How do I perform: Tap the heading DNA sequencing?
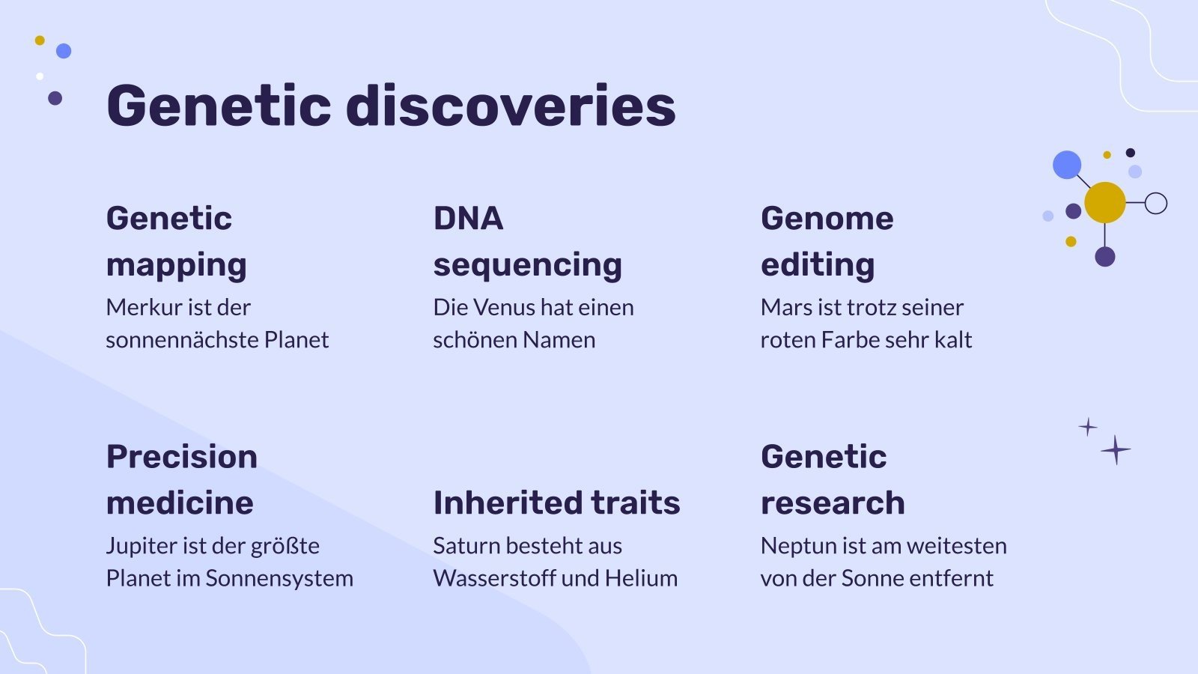point(527,241)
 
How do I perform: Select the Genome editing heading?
point(827,241)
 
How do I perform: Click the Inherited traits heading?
point(556,503)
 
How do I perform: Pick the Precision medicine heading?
point(181,479)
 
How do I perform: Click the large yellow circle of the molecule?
point(1104,202)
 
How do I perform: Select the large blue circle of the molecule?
point(1067,165)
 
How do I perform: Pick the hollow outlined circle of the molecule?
point(1156,203)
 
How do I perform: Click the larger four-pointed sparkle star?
point(1116,450)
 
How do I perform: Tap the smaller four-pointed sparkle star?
point(1088,427)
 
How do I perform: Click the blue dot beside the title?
point(64,51)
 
